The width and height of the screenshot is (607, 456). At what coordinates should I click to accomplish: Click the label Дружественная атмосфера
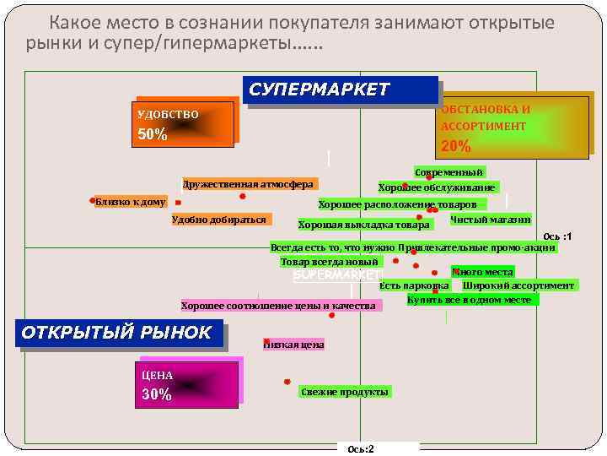pos(247,184)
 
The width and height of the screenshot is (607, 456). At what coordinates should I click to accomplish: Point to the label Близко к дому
pos(131,202)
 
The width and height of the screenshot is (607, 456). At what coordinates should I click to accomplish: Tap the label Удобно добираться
pos(218,220)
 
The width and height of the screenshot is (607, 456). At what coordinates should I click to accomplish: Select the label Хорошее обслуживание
pos(437,187)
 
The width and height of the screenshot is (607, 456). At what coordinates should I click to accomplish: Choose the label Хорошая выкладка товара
pos(364,225)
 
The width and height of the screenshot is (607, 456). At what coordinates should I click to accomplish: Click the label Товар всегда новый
pos(330,262)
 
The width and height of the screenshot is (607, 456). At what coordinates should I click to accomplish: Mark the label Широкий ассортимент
pos(518,285)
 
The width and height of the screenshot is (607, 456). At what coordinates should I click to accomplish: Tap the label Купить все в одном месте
pos(469,300)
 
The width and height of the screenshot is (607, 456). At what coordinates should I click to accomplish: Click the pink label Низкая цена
pos(293,345)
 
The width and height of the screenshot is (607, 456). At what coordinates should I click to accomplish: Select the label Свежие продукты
pos(345,392)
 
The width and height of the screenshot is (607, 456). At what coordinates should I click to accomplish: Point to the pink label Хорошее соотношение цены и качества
pos(278,306)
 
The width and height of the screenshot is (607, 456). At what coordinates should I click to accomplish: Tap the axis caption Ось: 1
pos(557,236)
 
